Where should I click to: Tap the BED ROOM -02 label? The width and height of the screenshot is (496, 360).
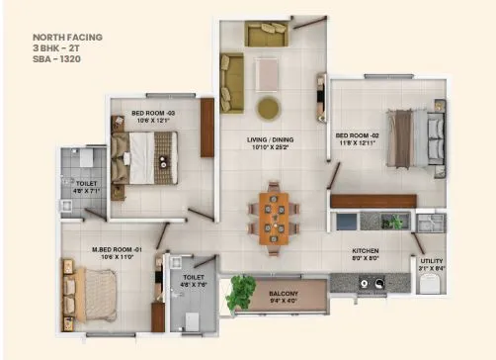[357, 135]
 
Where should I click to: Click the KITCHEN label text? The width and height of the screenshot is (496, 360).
[366, 251]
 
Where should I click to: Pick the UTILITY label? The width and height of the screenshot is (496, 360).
[433, 261]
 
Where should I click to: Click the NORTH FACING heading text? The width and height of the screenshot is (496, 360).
[66, 37]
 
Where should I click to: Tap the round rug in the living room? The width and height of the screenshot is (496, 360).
[267, 107]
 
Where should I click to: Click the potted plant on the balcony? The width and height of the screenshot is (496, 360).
[240, 293]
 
